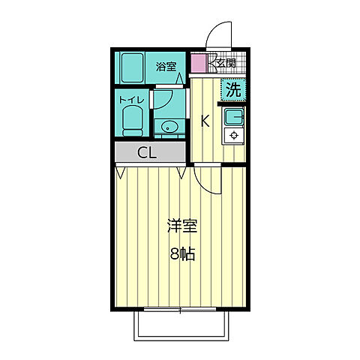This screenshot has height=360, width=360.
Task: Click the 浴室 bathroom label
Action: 166,67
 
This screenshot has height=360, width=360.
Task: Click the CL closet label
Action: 147,153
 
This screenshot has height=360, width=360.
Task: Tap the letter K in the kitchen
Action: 205,120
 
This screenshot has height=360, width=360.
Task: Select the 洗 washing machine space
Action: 232,89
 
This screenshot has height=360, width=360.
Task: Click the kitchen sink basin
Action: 233,116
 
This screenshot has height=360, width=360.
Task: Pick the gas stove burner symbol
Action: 233,136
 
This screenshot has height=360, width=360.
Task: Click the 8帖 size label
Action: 182,253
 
